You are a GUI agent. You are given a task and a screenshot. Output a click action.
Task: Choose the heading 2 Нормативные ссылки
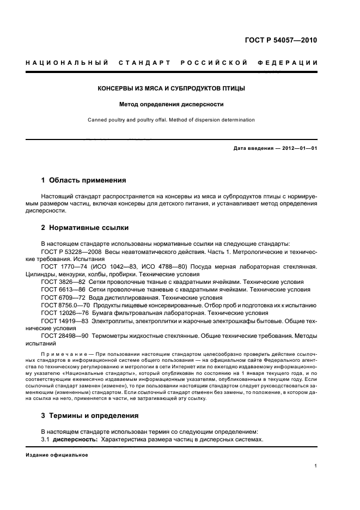coord(86,228)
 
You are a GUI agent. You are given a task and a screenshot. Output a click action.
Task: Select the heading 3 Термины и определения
coord(90,416)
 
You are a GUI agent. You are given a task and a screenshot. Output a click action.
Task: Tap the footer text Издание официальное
coord(57,454)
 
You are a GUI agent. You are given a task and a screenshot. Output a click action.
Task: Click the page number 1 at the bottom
coord(316,466)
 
